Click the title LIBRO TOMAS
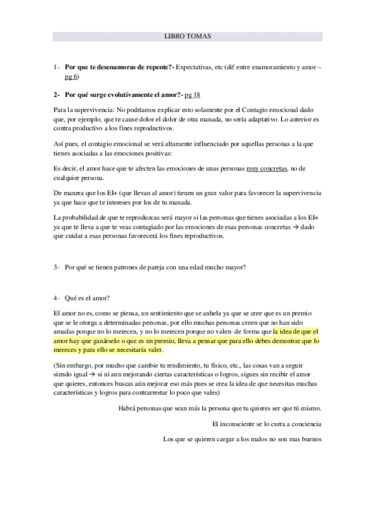coord(187,36)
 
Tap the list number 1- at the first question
coord(57,66)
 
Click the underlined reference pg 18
coord(193,94)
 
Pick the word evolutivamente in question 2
coord(120,94)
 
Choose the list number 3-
coord(57,267)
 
